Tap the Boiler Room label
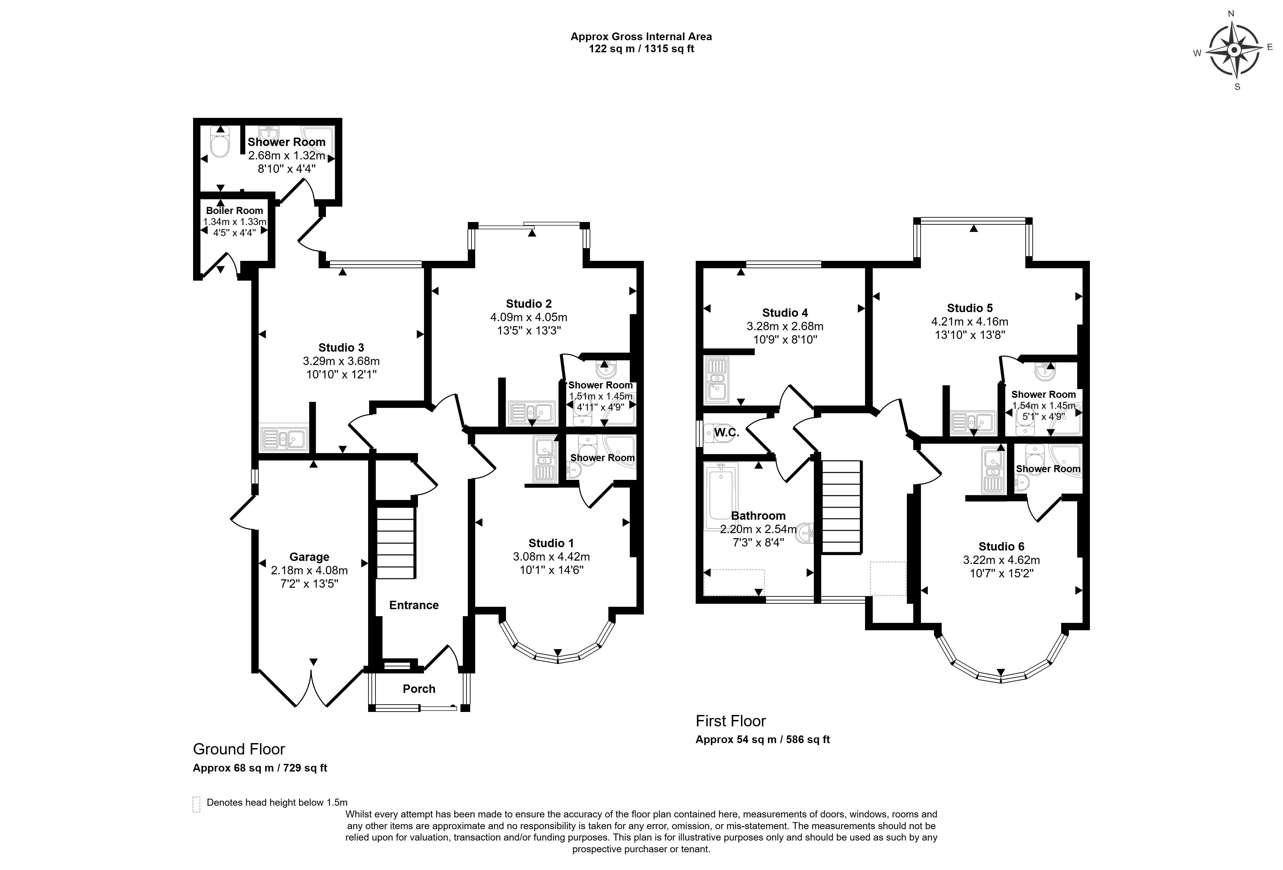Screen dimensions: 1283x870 pyautogui.click(x=235, y=210)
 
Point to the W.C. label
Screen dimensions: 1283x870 pyautogui.click(x=726, y=433)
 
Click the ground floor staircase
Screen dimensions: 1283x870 pyautogui.click(x=395, y=542)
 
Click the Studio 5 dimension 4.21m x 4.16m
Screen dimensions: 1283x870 pyautogui.click(x=969, y=321)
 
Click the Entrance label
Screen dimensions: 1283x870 pyautogui.click(x=414, y=605)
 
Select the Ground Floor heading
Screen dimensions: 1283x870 pyautogui.click(x=239, y=749)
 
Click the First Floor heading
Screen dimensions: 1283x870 pyautogui.click(x=731, y=721)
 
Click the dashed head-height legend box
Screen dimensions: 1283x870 pyautogui.click(x=196, y=804)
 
